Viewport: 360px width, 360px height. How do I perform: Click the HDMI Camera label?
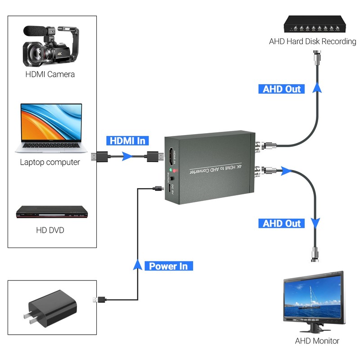[x=50, y=74]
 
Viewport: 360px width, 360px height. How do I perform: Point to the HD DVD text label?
[x=50, y=230]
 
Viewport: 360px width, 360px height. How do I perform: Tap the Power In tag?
[x=168, y=266]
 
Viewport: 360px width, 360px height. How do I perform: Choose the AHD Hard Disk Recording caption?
[x=312, y=42]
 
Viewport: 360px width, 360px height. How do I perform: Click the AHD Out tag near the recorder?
[x=282, y=89]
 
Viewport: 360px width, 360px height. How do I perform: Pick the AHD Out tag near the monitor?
[x=282, y=223]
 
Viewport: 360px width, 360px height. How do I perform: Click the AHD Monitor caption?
[x=317, y=341]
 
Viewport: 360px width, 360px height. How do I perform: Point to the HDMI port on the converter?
[x=171, y=157]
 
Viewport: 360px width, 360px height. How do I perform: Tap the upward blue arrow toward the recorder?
[x=318, y=87]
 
